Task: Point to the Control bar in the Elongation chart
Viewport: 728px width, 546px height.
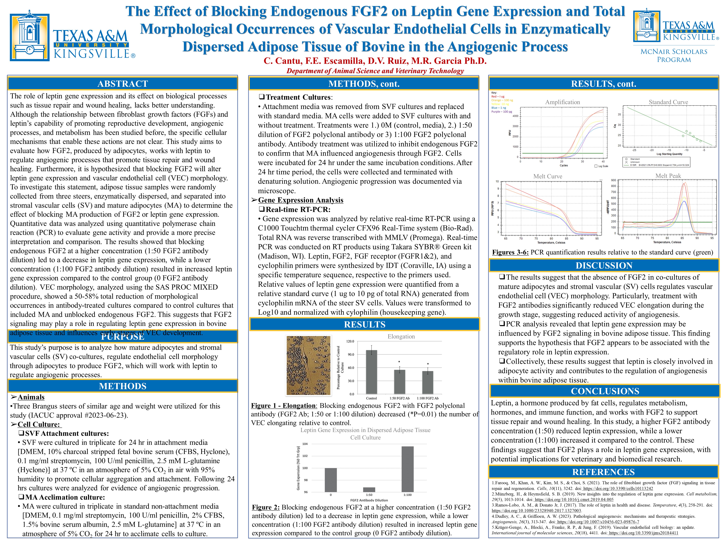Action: (372, 372)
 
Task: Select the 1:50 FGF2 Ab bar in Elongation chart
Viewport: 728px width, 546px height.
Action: (400, 382)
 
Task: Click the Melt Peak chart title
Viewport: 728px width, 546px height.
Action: (668, 176)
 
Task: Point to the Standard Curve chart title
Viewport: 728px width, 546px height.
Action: (668, 102)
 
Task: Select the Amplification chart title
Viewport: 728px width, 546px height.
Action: (562, 102)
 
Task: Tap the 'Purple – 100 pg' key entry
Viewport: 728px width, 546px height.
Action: (502, 112)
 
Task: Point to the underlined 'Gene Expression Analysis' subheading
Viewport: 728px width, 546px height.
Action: (300, 200)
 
